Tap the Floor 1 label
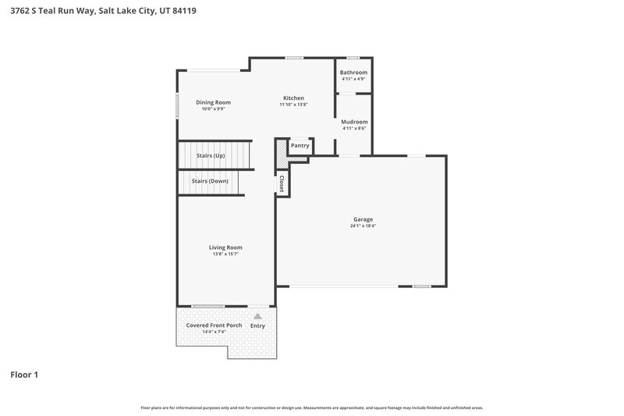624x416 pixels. point(24,375)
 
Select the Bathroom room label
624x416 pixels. point(353,73)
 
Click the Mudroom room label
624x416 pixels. point(354,122)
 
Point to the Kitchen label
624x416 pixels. point(293,98)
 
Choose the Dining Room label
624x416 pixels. point(213,102)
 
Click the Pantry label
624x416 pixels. point(300,146)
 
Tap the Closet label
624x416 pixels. point(281,183)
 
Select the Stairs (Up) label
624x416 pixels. point(211,156)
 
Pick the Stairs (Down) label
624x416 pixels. point(209,181)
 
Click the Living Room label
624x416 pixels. point(225,247)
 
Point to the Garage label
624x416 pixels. point(363,219)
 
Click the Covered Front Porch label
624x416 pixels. point(214,325)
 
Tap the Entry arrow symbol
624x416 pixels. point(257,316)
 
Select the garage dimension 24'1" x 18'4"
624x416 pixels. point(363,226)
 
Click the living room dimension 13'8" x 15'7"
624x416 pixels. point(225,254)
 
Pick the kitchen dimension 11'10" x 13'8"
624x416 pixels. point(294,105)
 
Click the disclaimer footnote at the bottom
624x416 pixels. point(312,407)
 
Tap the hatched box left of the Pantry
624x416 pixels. point(281,150)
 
